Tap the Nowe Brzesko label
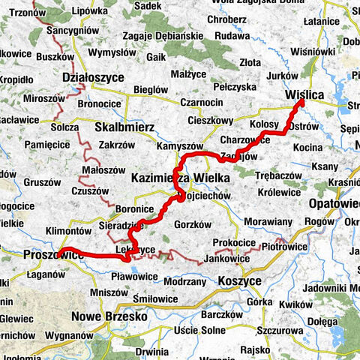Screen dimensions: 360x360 (x=108, y=316)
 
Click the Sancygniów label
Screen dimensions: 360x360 (x=68, y=31)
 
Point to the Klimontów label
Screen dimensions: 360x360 (x=69, y=231)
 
